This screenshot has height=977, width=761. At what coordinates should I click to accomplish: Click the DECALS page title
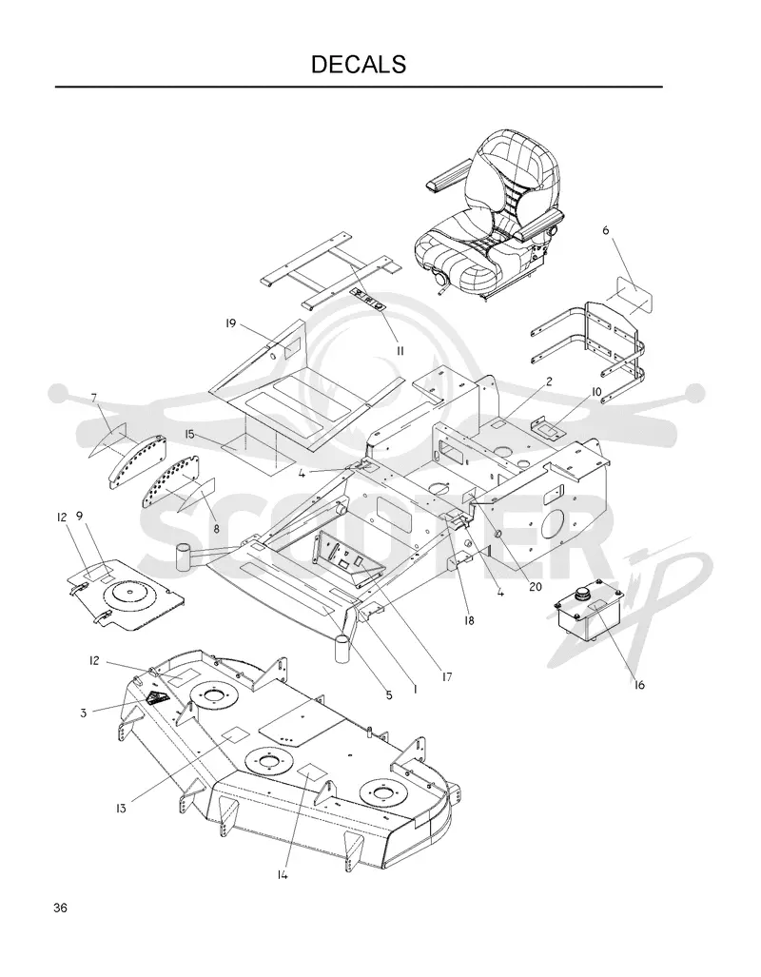pos(359,64)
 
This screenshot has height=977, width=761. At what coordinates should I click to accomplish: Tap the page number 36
pos(61,908)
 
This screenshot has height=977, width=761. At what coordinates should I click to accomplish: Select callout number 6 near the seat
pos(605,230)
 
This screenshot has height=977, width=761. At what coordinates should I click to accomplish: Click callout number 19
pos(230,323)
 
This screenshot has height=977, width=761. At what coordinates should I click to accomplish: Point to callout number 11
pos(400,351)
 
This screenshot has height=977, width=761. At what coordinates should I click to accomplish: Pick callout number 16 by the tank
pos(639,685)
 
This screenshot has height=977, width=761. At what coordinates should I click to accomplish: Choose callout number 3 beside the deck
pos(84,713)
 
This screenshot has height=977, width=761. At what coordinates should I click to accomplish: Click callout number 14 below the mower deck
pos(283,875)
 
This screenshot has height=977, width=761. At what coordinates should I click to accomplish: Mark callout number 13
pos(120,809)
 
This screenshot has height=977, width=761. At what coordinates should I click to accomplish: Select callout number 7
pos(94,398)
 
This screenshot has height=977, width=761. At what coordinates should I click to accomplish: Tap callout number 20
pos(536,586)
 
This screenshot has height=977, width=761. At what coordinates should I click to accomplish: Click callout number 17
pos(446,676)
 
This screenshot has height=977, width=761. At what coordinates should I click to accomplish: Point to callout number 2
pos(549,381)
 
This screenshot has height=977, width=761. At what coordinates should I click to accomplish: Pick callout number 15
pos(190,434)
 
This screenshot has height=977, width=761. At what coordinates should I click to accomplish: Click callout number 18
pos(469,620)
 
